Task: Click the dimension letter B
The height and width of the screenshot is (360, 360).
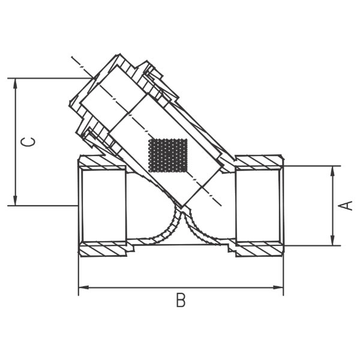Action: point(181,301)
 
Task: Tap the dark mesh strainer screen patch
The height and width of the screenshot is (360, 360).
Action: point(168,155)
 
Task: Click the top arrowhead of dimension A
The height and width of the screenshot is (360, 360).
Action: point(332,170)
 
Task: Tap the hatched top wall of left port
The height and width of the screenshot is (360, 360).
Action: point(102,162)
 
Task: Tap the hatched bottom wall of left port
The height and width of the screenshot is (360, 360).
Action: point(103,248)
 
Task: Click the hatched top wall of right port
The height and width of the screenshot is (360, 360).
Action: point(259,162)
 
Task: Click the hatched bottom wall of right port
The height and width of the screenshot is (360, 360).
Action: point(259,248)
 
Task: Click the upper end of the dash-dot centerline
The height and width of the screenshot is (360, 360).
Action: point(73,58)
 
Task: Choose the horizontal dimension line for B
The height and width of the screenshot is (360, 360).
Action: point(181,287)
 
